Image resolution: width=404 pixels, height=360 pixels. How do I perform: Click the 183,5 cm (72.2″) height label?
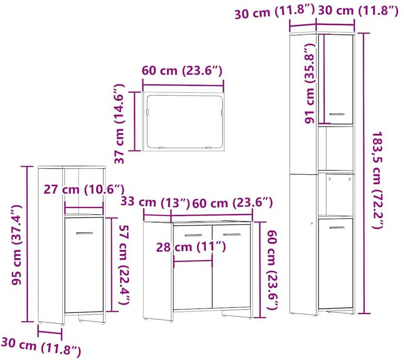click(x=377, y=180)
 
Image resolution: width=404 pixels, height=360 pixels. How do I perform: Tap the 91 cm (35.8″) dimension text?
click(x=310, y=83)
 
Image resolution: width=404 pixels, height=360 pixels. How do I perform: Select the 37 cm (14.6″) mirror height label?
click(x=120, y=123)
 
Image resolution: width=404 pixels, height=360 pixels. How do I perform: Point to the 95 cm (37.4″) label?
click(x=16, y=245)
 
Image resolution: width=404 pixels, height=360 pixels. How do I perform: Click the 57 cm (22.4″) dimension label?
click(x=124, y=264)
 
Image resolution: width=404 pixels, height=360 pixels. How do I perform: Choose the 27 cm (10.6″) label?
click(x=84, y=189)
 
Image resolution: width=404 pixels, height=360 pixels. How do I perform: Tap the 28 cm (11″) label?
click(x=191, y=247)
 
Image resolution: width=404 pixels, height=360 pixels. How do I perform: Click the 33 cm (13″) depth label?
click(x=155, y=202)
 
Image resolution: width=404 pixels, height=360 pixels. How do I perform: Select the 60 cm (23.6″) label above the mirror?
click(x=182, y=71)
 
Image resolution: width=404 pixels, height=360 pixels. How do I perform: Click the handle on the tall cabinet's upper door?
click(x=337, y=114)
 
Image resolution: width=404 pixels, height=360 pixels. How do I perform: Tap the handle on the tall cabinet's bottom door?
click(x=337, y=228)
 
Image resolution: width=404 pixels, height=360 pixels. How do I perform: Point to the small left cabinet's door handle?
click(x=84, y=233)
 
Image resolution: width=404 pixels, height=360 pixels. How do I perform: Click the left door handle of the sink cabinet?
click(x=193, y=235)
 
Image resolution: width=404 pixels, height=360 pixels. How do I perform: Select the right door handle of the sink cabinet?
click(x=232, y=235)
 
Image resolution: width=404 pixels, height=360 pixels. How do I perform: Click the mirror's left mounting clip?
click(x=148, y=112)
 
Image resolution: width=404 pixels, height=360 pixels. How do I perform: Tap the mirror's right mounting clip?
click(x=221, y=112)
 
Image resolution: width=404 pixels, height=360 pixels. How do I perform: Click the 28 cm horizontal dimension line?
click(x=193, y=261)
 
